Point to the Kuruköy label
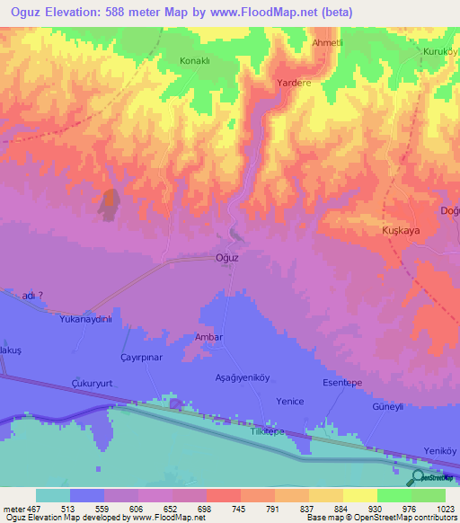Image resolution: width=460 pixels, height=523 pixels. tap(440, 52)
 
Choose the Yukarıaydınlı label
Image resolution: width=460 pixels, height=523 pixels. tap(84, 319)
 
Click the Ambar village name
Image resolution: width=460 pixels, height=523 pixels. tap(208, 337)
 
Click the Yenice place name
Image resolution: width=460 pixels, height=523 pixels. tap(290, 402)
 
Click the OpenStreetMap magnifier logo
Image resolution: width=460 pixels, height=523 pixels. tap(419, 477)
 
